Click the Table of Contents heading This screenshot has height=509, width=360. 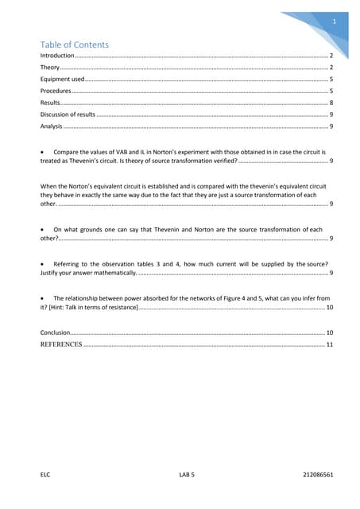click(x=75, y=45)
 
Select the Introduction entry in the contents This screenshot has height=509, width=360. click(x=57, y=57)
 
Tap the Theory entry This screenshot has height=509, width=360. click(x=50, y=69)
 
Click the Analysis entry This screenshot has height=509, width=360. click(x=52, y=126)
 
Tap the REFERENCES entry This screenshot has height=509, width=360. click(x=61, y=344)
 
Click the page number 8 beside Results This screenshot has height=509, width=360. click(x=331, y=103)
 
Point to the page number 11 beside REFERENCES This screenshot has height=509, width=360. click(x=329, y=344)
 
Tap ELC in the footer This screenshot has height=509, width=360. click(x=45, y=474)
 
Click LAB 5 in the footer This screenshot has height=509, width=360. click(x=188, y=474)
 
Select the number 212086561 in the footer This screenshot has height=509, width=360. click(x=318, y=474)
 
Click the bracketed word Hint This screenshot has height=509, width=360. click(x=64, y=307)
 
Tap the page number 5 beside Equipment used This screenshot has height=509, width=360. click(x=331, y=80)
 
